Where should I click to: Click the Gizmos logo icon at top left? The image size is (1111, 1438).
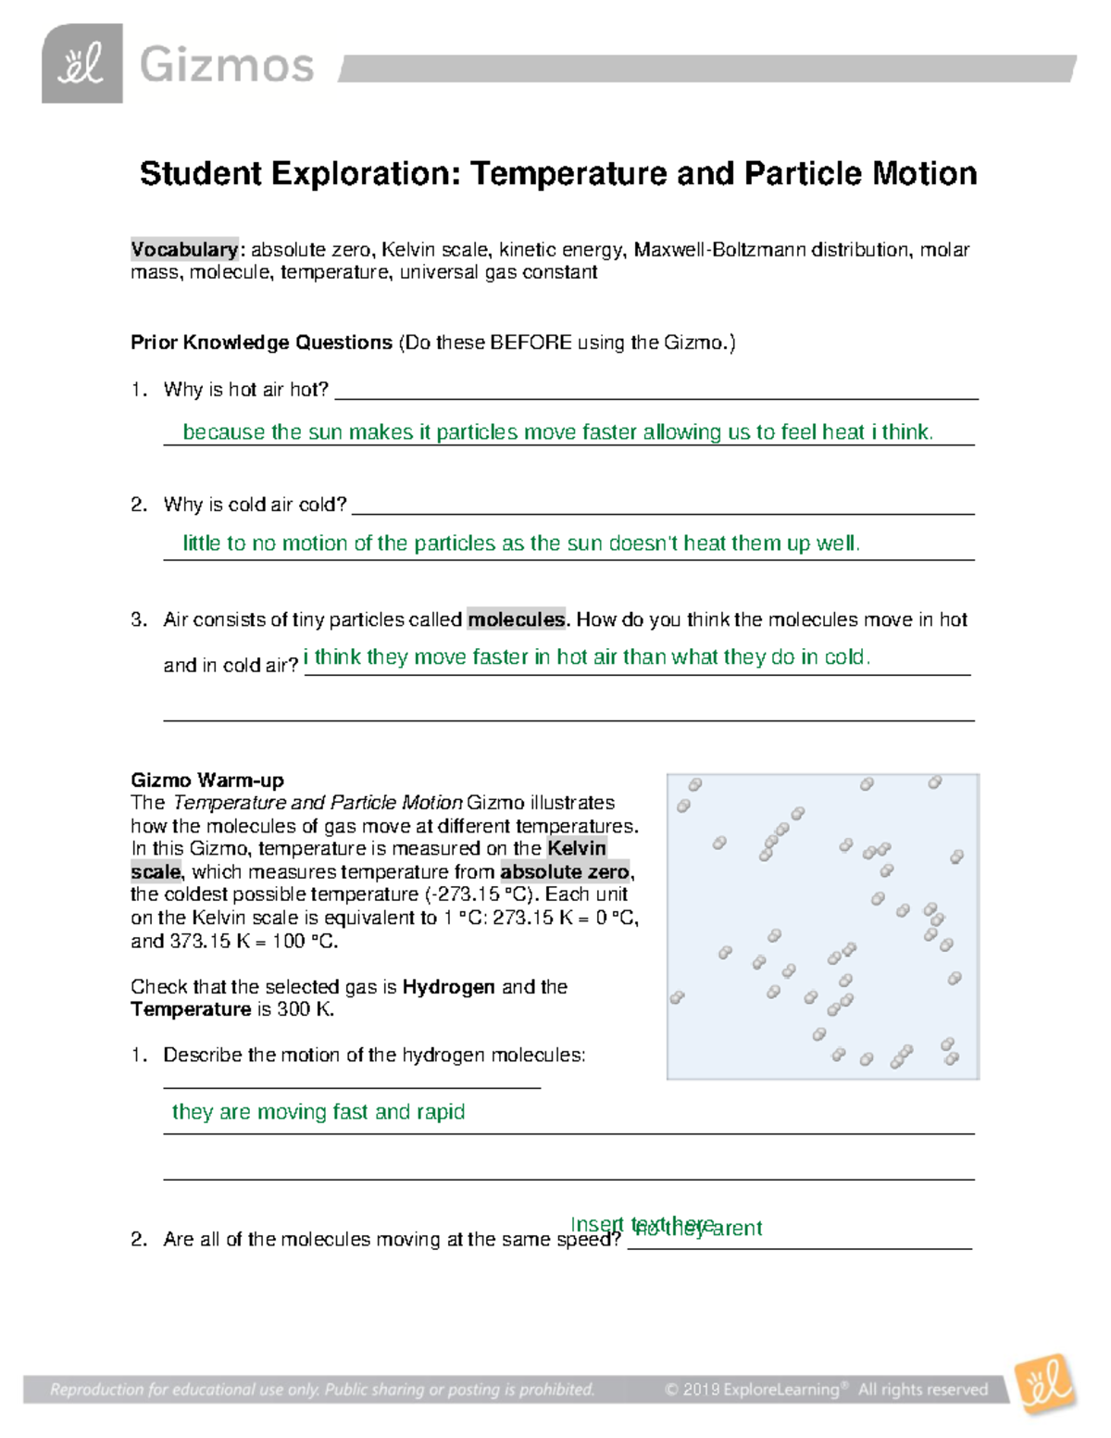pos(81,64)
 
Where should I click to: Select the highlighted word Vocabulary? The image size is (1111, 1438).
pos(184,249)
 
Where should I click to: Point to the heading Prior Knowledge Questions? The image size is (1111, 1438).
pos(261,343)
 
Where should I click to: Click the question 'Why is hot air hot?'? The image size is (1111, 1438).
pos(245,390)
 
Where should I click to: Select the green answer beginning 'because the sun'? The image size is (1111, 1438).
pos(557,432)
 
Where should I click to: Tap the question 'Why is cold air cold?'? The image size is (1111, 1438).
pos(255,505)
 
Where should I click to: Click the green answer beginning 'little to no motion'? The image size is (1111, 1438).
pos(521,544)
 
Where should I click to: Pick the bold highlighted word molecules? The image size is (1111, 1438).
pos(516,619)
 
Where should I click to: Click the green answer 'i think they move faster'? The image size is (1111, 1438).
pos(587,657)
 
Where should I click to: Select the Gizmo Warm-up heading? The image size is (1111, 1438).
pos(207,780)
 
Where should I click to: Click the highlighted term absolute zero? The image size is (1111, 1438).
pos(565,871)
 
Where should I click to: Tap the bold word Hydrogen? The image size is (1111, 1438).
pos(448,987)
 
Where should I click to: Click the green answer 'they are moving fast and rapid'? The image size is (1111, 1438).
pos(318,1112)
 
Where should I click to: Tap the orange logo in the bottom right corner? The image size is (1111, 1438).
pos(1046,1385)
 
